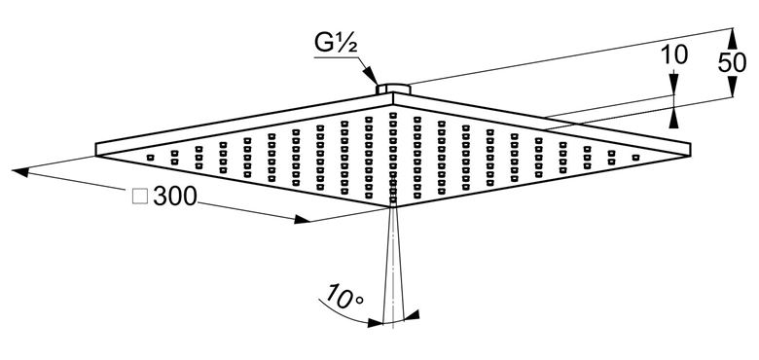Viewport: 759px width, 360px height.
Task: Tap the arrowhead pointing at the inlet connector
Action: (x=371, y=77)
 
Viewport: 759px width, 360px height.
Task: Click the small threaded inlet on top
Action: (x=393, y=89)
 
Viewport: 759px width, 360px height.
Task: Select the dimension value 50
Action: (x=732, y=62)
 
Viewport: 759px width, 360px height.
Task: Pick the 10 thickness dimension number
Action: (x=673, y=55)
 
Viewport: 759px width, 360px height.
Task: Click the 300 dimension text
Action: (x=175, y=196)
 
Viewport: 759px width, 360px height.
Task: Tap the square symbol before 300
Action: (x=140, y=197)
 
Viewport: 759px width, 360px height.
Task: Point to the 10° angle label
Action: (x=344, y=298)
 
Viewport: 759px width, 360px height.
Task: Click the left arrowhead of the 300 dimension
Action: (x=20, y=172)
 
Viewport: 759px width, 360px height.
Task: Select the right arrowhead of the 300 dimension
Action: (x=302, y=219)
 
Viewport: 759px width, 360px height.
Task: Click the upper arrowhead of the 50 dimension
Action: (x=732, y=38)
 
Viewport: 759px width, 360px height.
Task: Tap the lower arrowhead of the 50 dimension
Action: (x=732, y=88)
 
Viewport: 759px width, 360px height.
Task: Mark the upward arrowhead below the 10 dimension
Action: (x=673, y=119)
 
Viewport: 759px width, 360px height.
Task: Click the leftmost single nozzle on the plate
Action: (x=150, y=158)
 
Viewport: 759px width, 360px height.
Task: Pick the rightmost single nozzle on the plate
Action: (x=635, y=158)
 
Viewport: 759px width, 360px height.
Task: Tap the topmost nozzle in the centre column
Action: (x=393, y=115)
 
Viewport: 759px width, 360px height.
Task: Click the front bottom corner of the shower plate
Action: (x=392, y=207)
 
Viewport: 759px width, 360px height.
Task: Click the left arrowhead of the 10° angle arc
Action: (x=376, y=323)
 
